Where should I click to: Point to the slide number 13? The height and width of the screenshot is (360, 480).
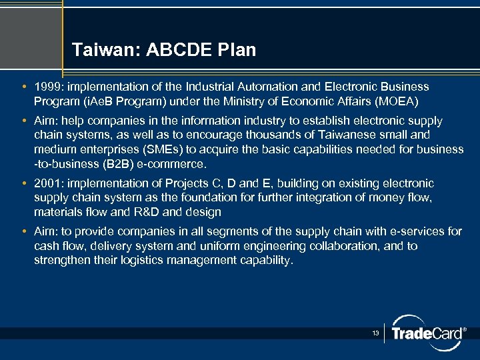point(376,333)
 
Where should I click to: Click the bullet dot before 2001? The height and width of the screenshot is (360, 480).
point(24,183)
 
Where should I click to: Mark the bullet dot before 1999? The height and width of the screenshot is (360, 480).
point(24,87)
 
